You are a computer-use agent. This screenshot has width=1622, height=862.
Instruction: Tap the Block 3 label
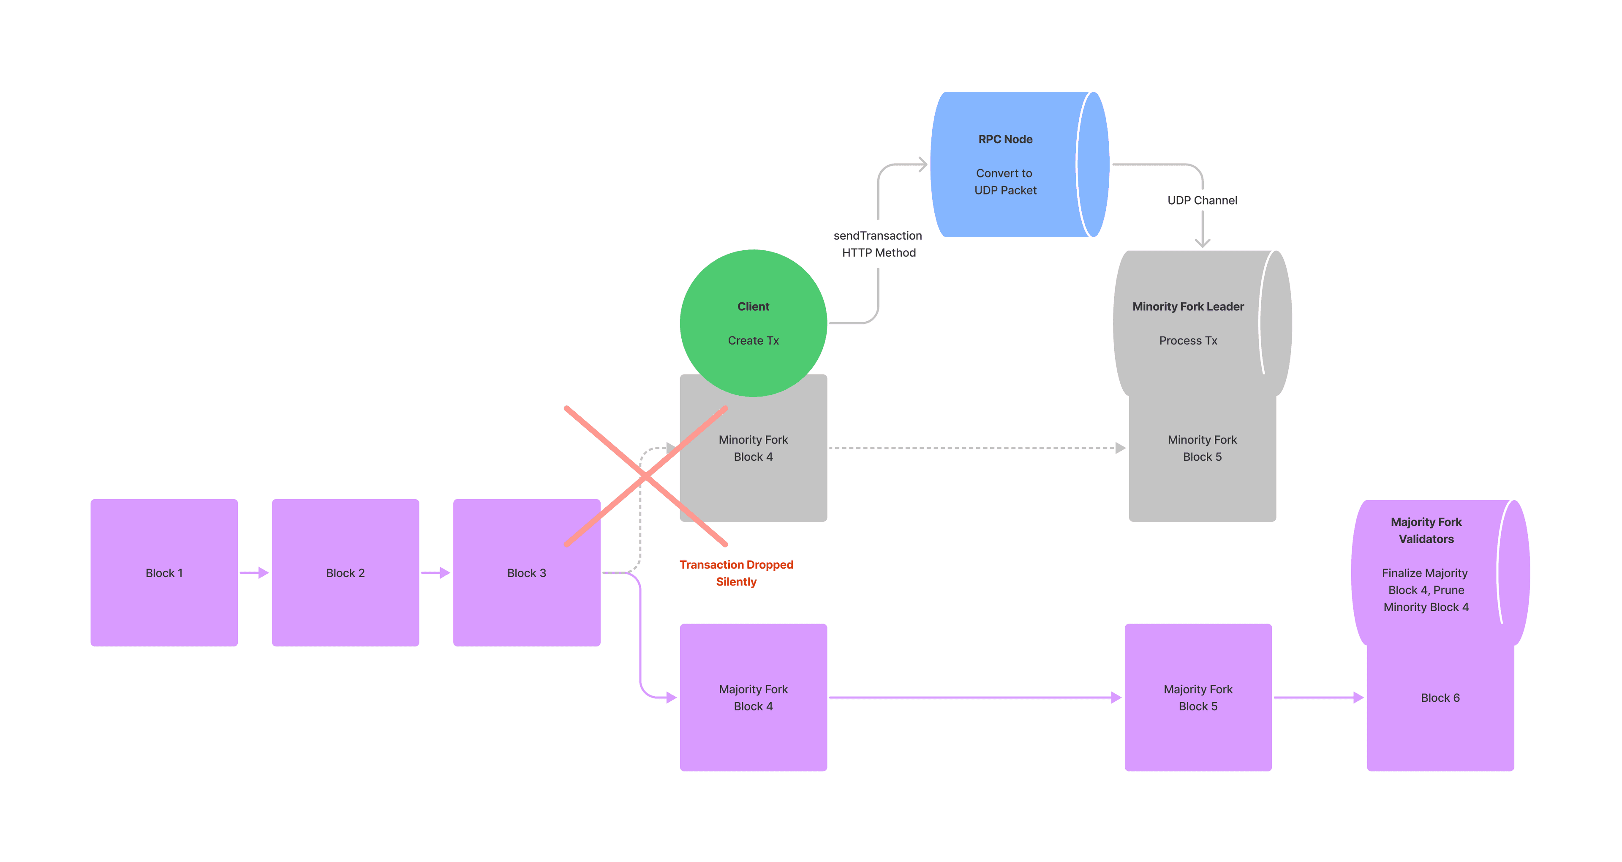(x=526, y=573)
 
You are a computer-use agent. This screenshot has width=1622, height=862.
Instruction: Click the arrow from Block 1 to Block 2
(x=254, y=573)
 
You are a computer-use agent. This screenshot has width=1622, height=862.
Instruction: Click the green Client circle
(x=753, y=323)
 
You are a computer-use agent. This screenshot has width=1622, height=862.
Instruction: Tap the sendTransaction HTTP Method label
(x=878, y=244)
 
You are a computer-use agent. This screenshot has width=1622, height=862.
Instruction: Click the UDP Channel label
(x=1202, y=200)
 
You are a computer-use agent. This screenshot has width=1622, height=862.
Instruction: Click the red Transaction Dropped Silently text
(x=736, y=573)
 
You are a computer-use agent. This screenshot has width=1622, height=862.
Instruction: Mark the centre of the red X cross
(x=646, y=477)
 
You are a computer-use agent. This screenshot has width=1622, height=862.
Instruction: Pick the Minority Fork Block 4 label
(x=753, y=448)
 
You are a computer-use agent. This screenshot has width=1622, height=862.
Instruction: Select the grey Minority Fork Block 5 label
(x=1202, y=448)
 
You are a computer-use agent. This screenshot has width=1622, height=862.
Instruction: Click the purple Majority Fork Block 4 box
(x=753, y=698)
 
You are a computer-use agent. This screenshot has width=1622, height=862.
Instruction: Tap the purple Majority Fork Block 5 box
(x=1197, y=698)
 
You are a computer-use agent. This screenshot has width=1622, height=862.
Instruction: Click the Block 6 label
(x=1440, y=698)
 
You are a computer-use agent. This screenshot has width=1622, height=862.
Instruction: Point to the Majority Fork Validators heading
(x=1426, y=531)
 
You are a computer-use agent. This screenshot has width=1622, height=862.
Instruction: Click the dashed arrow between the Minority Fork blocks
(x=976, y=448)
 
